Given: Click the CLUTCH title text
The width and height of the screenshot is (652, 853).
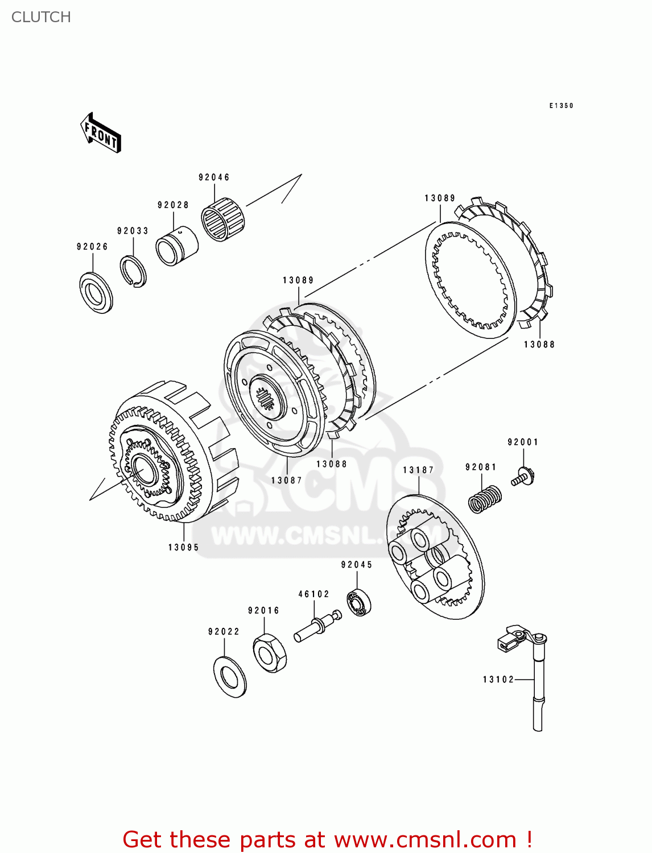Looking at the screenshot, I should point(41,17).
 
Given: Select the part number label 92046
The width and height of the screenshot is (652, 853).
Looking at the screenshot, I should point(214,177).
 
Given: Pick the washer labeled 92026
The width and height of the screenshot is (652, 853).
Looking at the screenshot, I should point(96,292).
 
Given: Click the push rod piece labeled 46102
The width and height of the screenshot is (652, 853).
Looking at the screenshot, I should point(316,627).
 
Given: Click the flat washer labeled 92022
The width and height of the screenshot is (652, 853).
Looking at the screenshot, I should point(230,677).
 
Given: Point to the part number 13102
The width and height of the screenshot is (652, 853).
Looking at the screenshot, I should point(498,680).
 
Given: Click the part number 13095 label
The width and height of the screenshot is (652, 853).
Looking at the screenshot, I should point(183,548).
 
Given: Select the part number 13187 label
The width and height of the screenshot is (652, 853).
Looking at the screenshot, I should point(418,470).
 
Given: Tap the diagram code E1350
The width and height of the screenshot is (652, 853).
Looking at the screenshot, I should point(561,106).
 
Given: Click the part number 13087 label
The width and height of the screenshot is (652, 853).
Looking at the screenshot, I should point(286,481).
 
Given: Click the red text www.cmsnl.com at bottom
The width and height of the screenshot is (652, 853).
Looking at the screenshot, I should point(424,839).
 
